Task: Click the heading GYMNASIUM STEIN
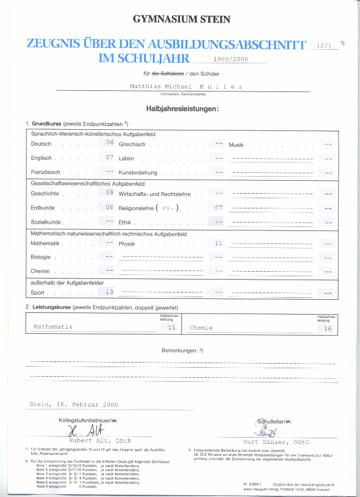click(181, 19)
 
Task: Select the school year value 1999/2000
click(231, 59)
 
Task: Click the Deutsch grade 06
click(110, 143)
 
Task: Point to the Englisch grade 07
click(110, 158)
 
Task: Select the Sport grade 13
click(109, 292)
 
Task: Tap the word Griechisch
click(133, 145)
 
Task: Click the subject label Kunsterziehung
click(138, 173)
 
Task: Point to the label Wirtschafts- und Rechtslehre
click(155, 194)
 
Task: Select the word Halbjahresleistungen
click(182, 108)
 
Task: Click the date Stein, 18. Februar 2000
click(73, 404)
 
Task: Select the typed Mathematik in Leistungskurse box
click(53, 327)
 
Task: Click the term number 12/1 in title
click(325, 44)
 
